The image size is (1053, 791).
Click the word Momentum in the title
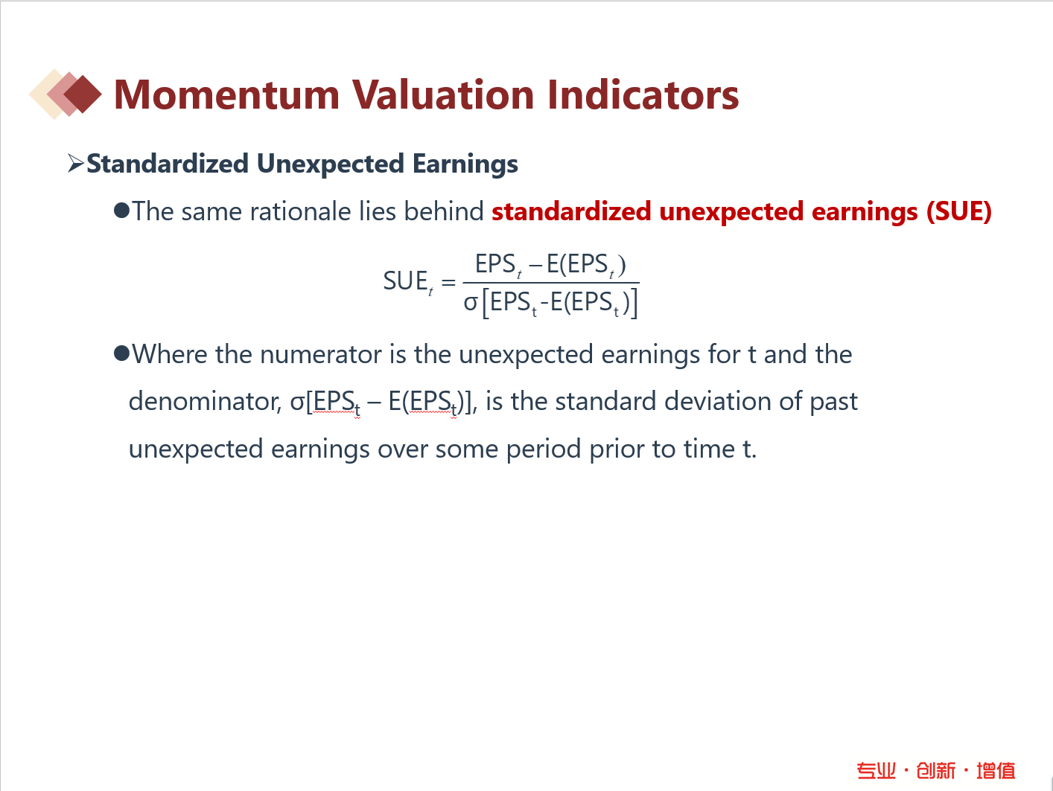pos(227,95)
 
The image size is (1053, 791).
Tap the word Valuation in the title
pos(443,95)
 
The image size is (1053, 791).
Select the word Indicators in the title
pos(643,95)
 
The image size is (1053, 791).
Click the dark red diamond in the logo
pos(83,95)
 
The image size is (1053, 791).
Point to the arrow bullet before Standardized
pos(76,164)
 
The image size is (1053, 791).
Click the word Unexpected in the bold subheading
pos(331,164)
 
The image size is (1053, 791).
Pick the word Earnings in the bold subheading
pos(465,164)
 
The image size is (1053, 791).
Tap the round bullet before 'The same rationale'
pos(122,211)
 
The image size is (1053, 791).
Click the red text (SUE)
pos(959,212)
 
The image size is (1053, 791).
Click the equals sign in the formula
pos(448,282)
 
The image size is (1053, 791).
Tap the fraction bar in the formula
pos(551,282)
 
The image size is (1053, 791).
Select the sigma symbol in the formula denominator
pos(471,303)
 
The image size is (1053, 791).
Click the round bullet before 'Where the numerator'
pos(122,353)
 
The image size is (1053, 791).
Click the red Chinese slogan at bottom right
pos(936,771)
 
